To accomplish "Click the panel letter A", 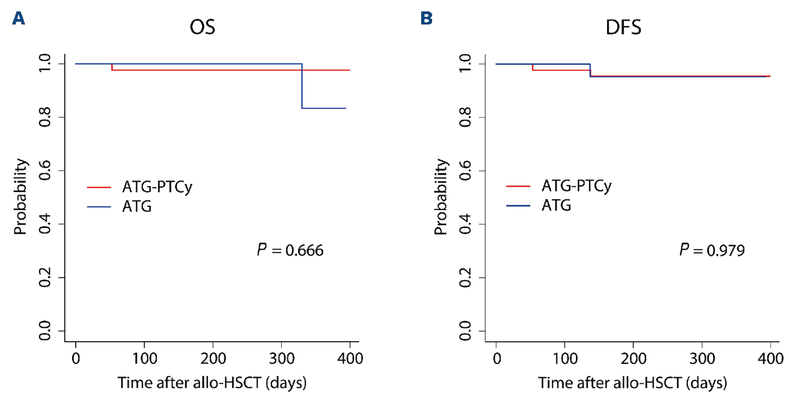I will pyautogui.click(x=18, y=19).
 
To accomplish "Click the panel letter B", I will pyautogui.click(x=427, y=19).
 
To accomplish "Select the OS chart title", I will pyautogui.click(x=202, y=28).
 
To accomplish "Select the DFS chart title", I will pyautogui.click(x=623, y=28).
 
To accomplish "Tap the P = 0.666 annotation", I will pyautogui.click(x=290, y=250).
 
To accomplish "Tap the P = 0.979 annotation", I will pyautogui.click(x=712, y=250).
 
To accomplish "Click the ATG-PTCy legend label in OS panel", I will pyautogui.click(x=157, y=187).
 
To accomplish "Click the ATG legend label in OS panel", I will pyautogui.click(x=137, y=206).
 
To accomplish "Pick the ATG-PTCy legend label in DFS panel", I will pyautogui.click(x=577, y=186).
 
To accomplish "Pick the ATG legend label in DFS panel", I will pyautogui.click(x=557, y=205).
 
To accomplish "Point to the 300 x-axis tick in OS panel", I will pyautogui.click(x=282, y=358).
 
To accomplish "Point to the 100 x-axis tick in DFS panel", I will pyautogui.click(x=565, y=358).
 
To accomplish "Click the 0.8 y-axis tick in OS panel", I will pyautogui.click(x=45, y=117).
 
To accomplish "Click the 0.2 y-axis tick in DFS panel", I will pyautogui.click(x=465, y=277).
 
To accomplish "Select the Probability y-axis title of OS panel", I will pyautogui.click(x=20, y=197).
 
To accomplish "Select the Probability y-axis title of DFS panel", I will pyautogui.click(x=440, y=197).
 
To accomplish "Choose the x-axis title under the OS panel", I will pyautogui.click(x=212, y=383).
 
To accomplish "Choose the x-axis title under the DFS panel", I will pyautogui.click(x=633, y=383).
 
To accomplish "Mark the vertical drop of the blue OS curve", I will pyautogui.click(x=302, y=87).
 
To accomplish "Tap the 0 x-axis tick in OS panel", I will pyautogui.click(x=76, y=358).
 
